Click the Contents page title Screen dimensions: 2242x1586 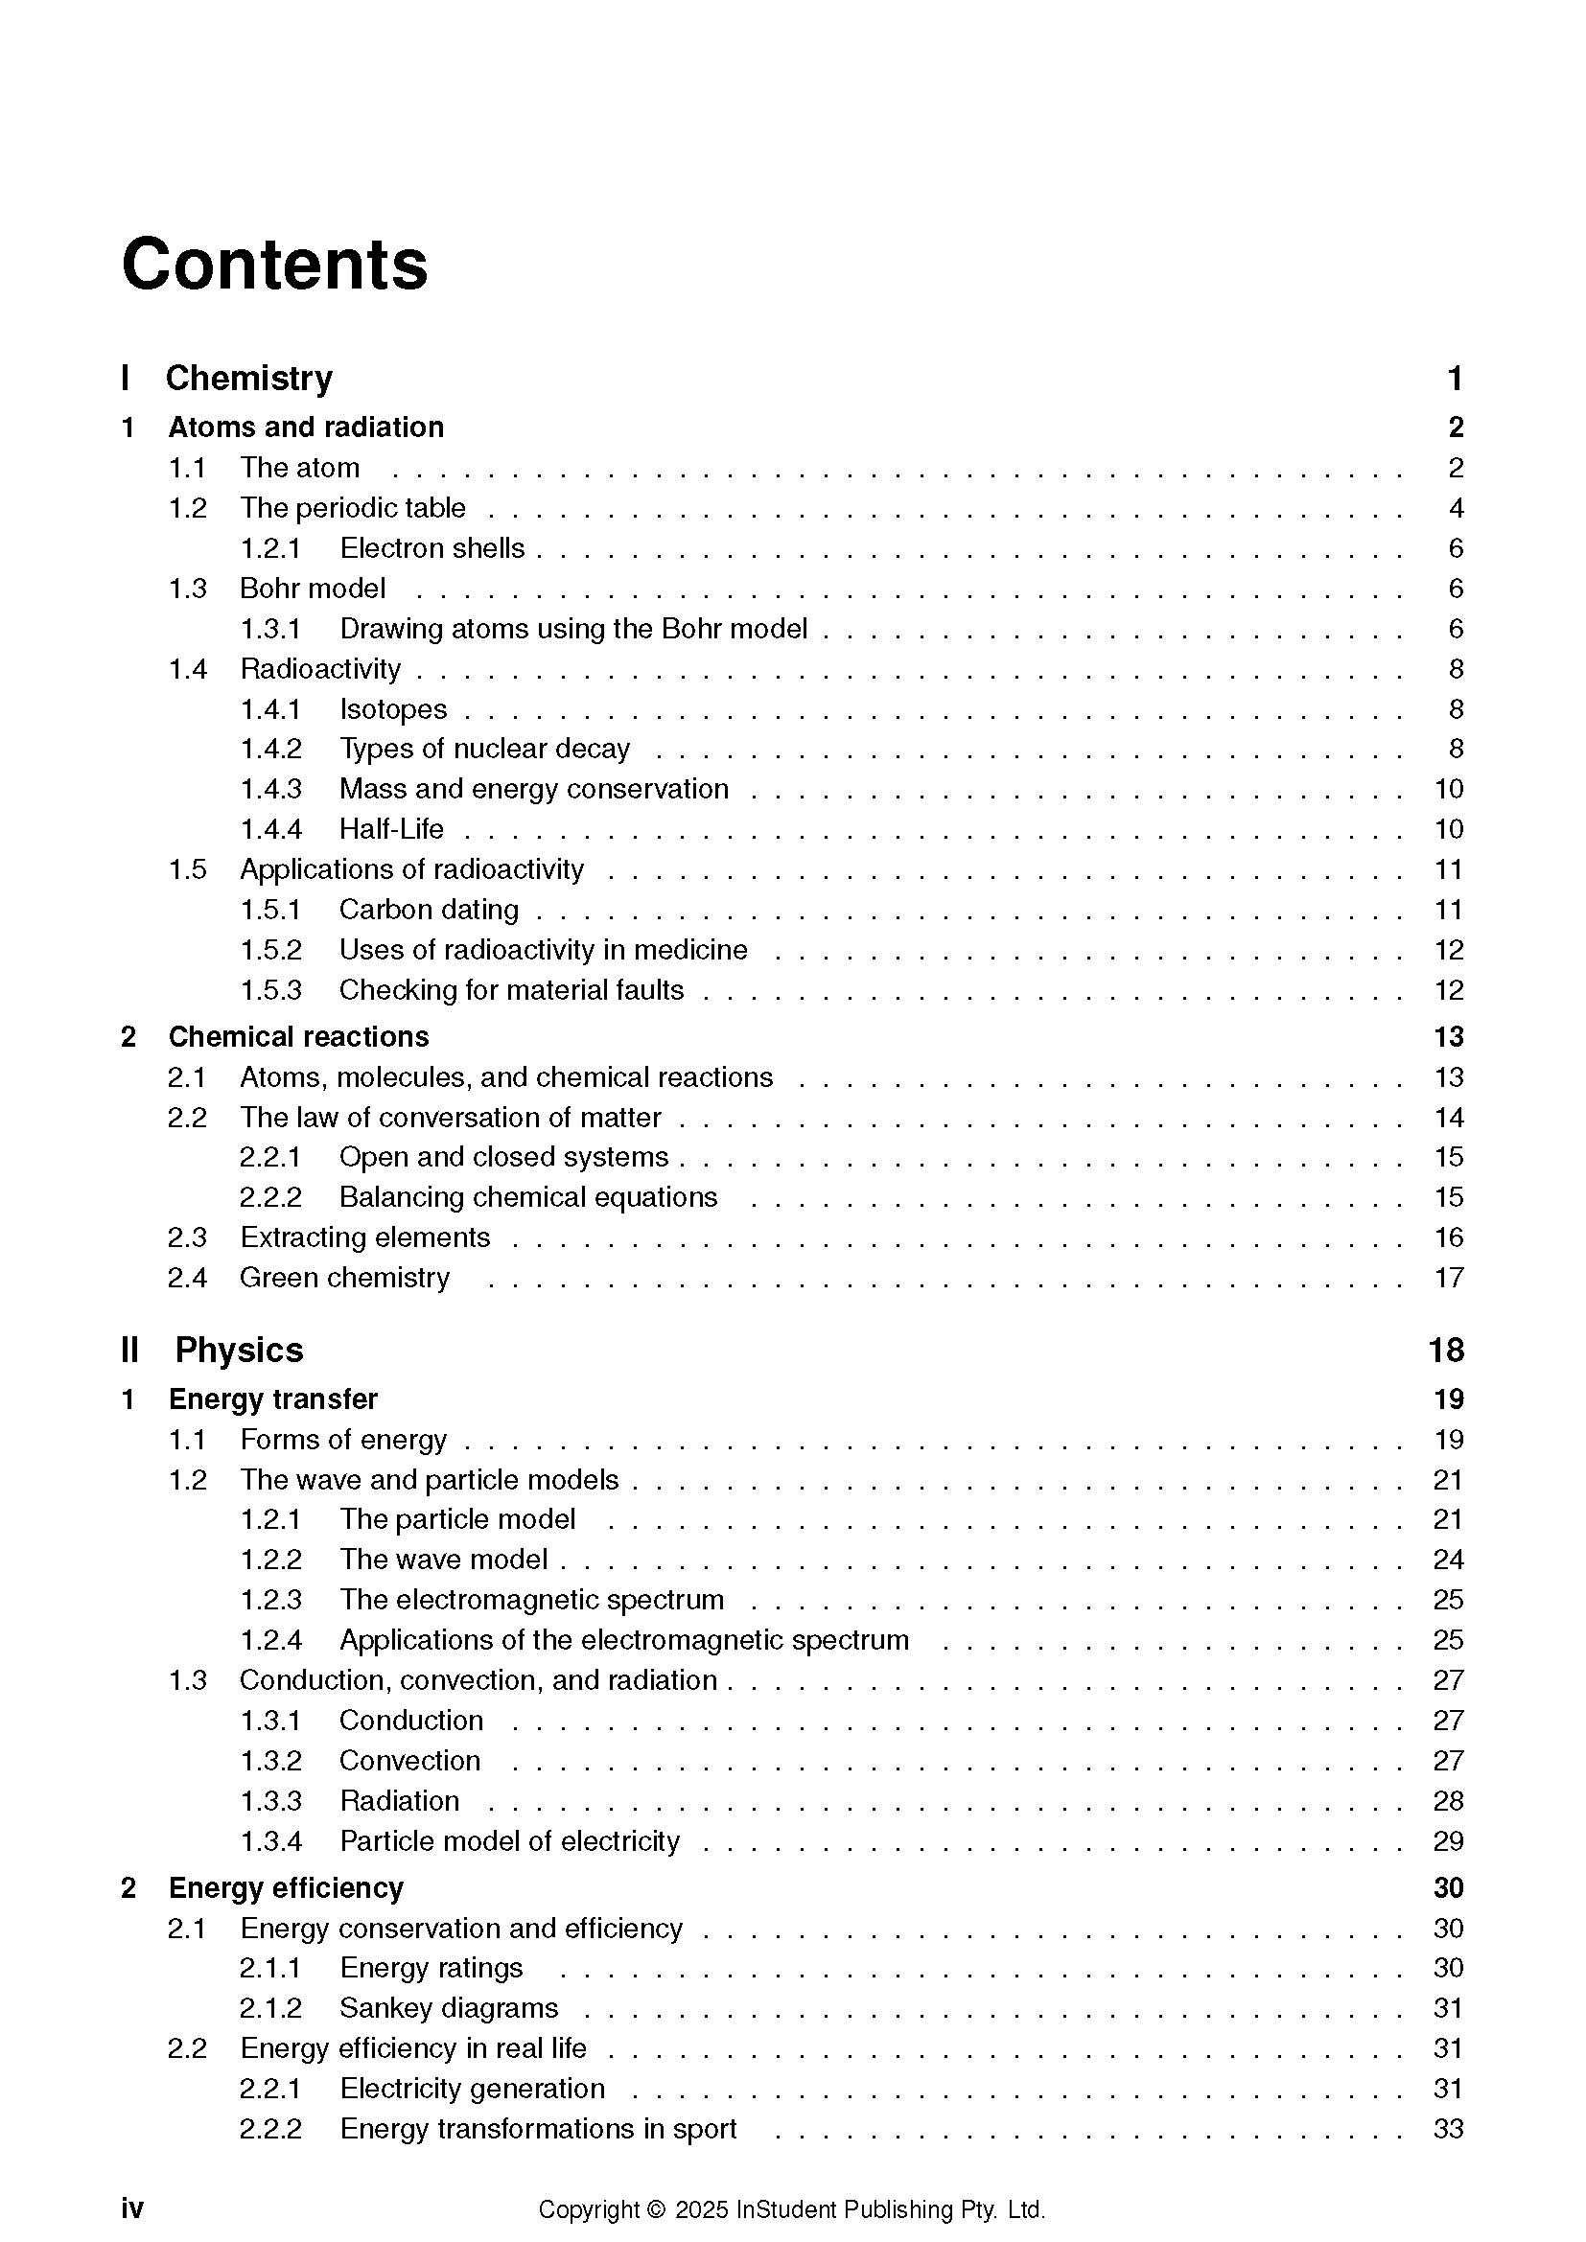(x=274, y=265)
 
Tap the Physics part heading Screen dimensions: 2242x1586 (x=239, y=1350)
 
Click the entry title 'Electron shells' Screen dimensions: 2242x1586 (x=431, y=548)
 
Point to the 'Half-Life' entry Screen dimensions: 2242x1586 (x=390, y=829)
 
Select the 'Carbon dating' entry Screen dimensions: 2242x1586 (x=429, y=909)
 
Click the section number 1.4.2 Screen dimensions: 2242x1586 (x=270, y=749)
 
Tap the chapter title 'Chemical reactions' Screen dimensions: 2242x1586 (x=298, y=1036)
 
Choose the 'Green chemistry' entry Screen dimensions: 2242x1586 (x=345, y=1277)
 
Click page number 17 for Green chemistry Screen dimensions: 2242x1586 (x=1448, y=1277)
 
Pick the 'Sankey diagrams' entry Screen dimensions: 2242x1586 (x=448, y=2008)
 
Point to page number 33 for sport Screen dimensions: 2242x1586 (x=1448, y=2128)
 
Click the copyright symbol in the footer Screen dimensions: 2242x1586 (x=655, y=2208)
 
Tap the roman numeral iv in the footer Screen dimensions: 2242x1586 (x=131, y=2208)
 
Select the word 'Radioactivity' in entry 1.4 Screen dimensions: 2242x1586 (x=320, y=669)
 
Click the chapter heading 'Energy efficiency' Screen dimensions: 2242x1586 (x=285, y=1887)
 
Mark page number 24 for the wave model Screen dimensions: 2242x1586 (x=1448, y=1560)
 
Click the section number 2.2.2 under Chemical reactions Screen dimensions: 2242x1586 (x=270, y=1197)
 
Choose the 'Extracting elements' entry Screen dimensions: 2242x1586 (x=365, y=1237)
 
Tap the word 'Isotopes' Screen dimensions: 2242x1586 (x=392, y=709)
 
